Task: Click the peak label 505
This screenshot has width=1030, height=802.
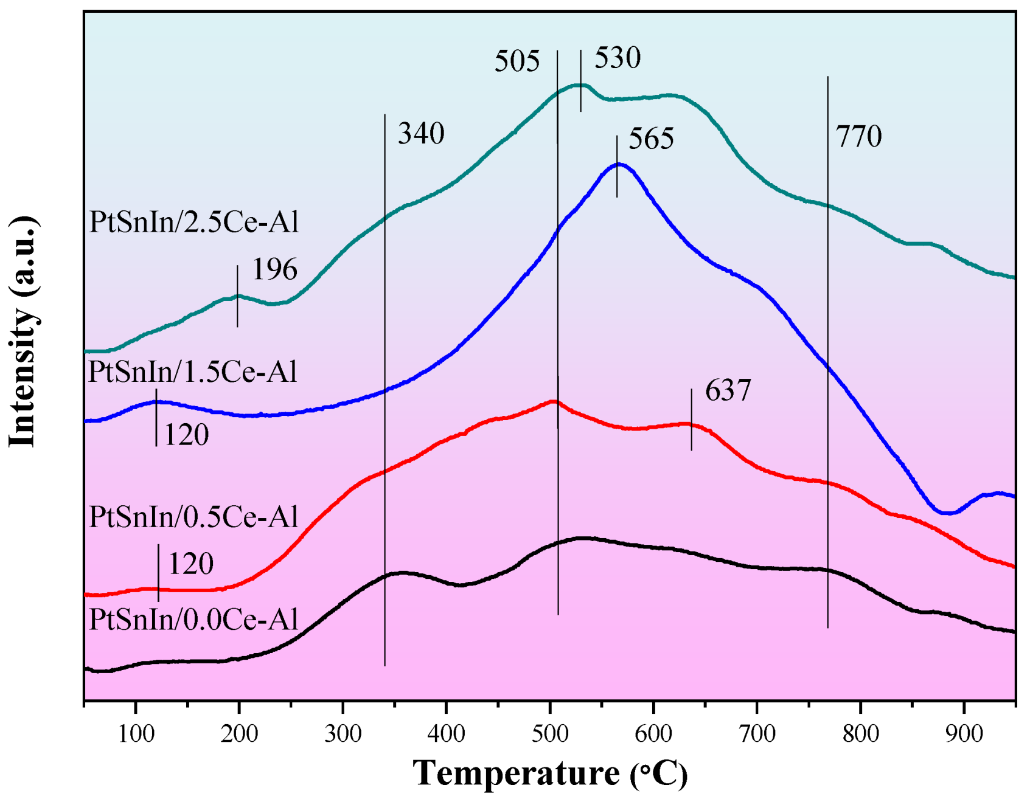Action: click(517, 62)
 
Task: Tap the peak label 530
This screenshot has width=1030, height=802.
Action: click(617, 58)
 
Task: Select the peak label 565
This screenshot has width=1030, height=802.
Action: click(650, 139)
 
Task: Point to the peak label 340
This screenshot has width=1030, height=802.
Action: click(421, 134)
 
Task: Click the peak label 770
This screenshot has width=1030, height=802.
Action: click(858, 137)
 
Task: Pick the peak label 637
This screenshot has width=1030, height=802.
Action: click(728, 391)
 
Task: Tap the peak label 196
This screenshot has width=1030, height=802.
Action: click(274, 270)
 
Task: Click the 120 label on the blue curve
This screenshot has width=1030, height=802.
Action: click(186, 435)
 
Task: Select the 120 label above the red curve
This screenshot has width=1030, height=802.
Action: click(190, 564)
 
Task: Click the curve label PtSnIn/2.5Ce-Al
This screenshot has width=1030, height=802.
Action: click(194, 223)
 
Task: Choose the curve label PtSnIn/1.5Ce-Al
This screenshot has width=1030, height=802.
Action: click(193, 372)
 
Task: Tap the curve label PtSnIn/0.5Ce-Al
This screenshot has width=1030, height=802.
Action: click(194, 517)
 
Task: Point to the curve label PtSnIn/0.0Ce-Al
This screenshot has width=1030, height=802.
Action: click(194, 620)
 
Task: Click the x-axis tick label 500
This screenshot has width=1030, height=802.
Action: click(550, 734)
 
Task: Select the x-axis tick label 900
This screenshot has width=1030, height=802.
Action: click(964, 734)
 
